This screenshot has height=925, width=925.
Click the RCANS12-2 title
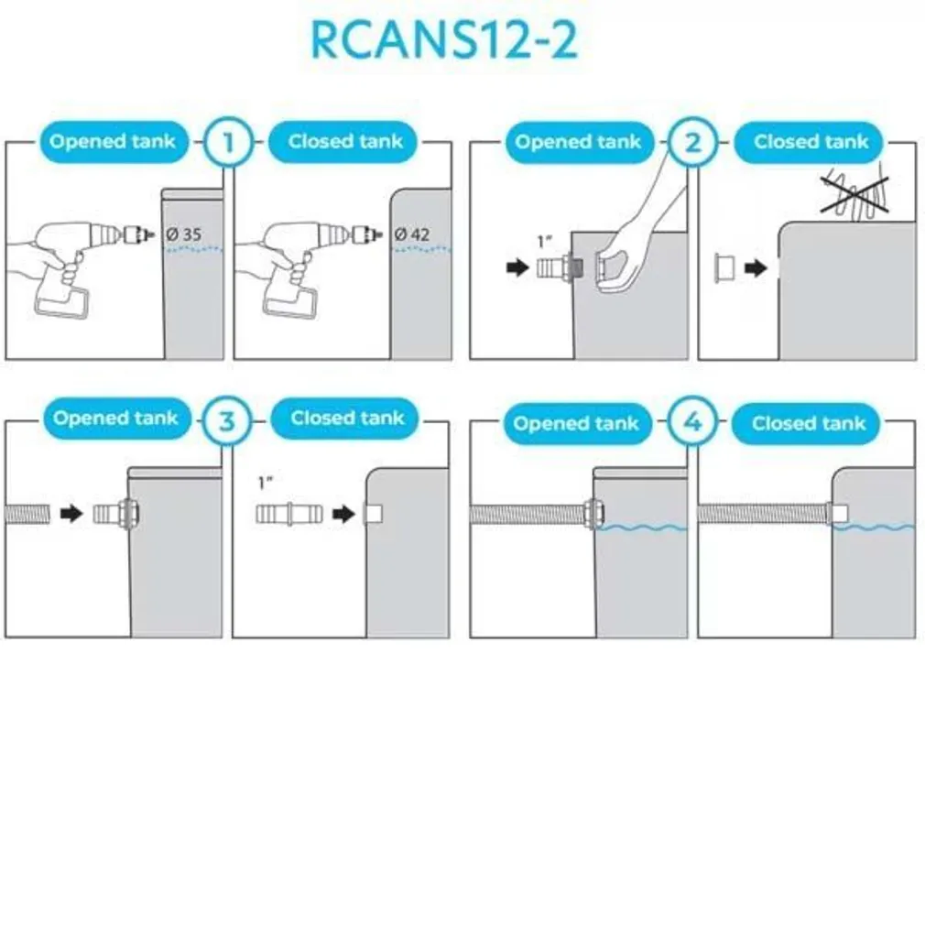coord(444,39)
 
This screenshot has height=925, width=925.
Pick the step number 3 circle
coord(227,420)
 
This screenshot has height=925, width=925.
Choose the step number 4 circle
coord(692,424)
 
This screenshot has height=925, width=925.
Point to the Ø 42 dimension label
coord(412,234)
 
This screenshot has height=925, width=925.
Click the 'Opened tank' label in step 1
coord(113,142)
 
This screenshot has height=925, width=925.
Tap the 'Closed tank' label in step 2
coord(811,143)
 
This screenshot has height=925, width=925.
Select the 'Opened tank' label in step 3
coord(115,419)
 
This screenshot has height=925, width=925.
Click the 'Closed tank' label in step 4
coord(809,424)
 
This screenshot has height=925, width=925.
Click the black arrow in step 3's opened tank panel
coord(71,513)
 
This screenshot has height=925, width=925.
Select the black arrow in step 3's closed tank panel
coord(343,514)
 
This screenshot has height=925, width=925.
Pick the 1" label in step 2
coord(545,243)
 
